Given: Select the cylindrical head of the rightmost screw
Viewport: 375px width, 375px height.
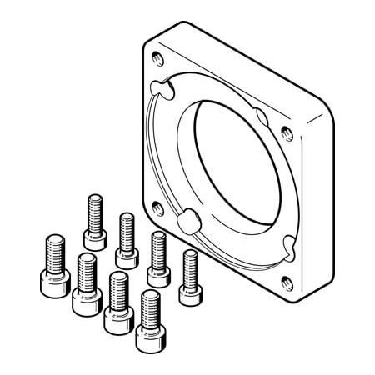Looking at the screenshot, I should pos(190,286).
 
